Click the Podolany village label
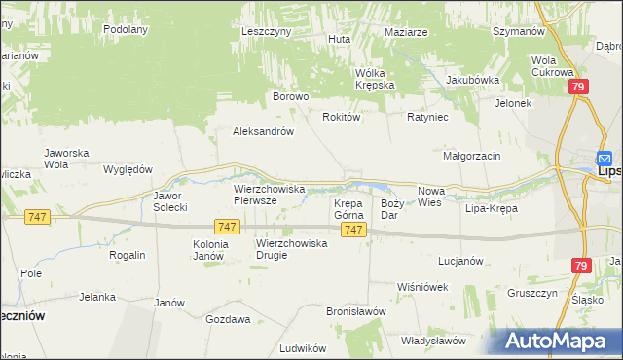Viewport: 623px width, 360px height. click(126, 29)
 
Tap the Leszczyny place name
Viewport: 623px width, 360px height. click(267, 31)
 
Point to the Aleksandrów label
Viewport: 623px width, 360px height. click(263, 131)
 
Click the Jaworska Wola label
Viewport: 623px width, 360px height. click(67, 159)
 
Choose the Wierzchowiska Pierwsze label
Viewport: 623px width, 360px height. click(270, 194)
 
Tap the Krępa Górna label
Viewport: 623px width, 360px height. click(348, 209)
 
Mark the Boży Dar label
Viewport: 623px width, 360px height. click(391, 209)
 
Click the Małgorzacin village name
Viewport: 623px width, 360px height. click(471, 156)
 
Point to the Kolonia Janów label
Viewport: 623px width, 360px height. click(209, 250)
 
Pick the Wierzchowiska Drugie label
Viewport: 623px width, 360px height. click(291, 249)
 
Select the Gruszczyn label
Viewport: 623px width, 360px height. click(531, 293)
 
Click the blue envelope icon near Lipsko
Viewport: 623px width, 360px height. click(605, 159)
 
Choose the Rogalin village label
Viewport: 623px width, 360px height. click(128, 255)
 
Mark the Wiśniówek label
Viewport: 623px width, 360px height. click(422, 287)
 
